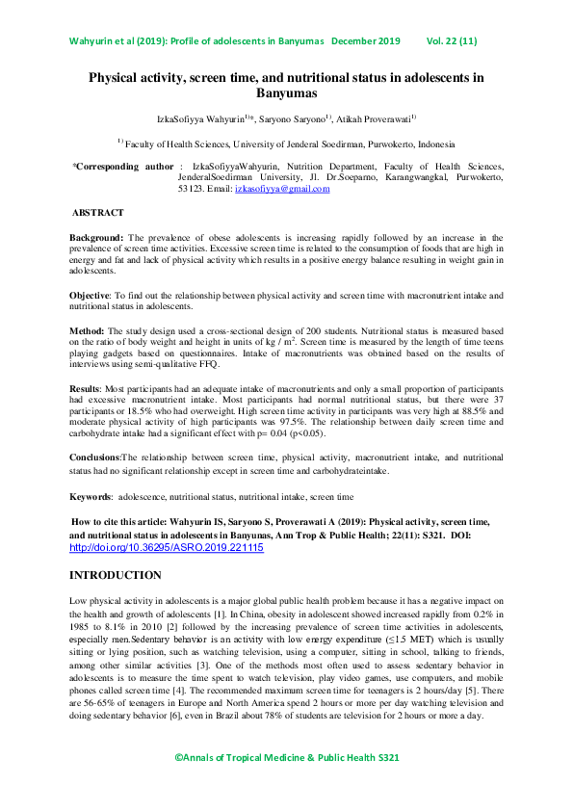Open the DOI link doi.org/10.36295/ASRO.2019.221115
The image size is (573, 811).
click(x=166, y=547)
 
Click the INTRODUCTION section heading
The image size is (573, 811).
click(x=116, y=575)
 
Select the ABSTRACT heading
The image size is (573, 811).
click(x=97, y=213)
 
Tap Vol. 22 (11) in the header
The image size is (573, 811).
click(x=451, y=41)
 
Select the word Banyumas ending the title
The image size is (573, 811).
click(x=286, y=93)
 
